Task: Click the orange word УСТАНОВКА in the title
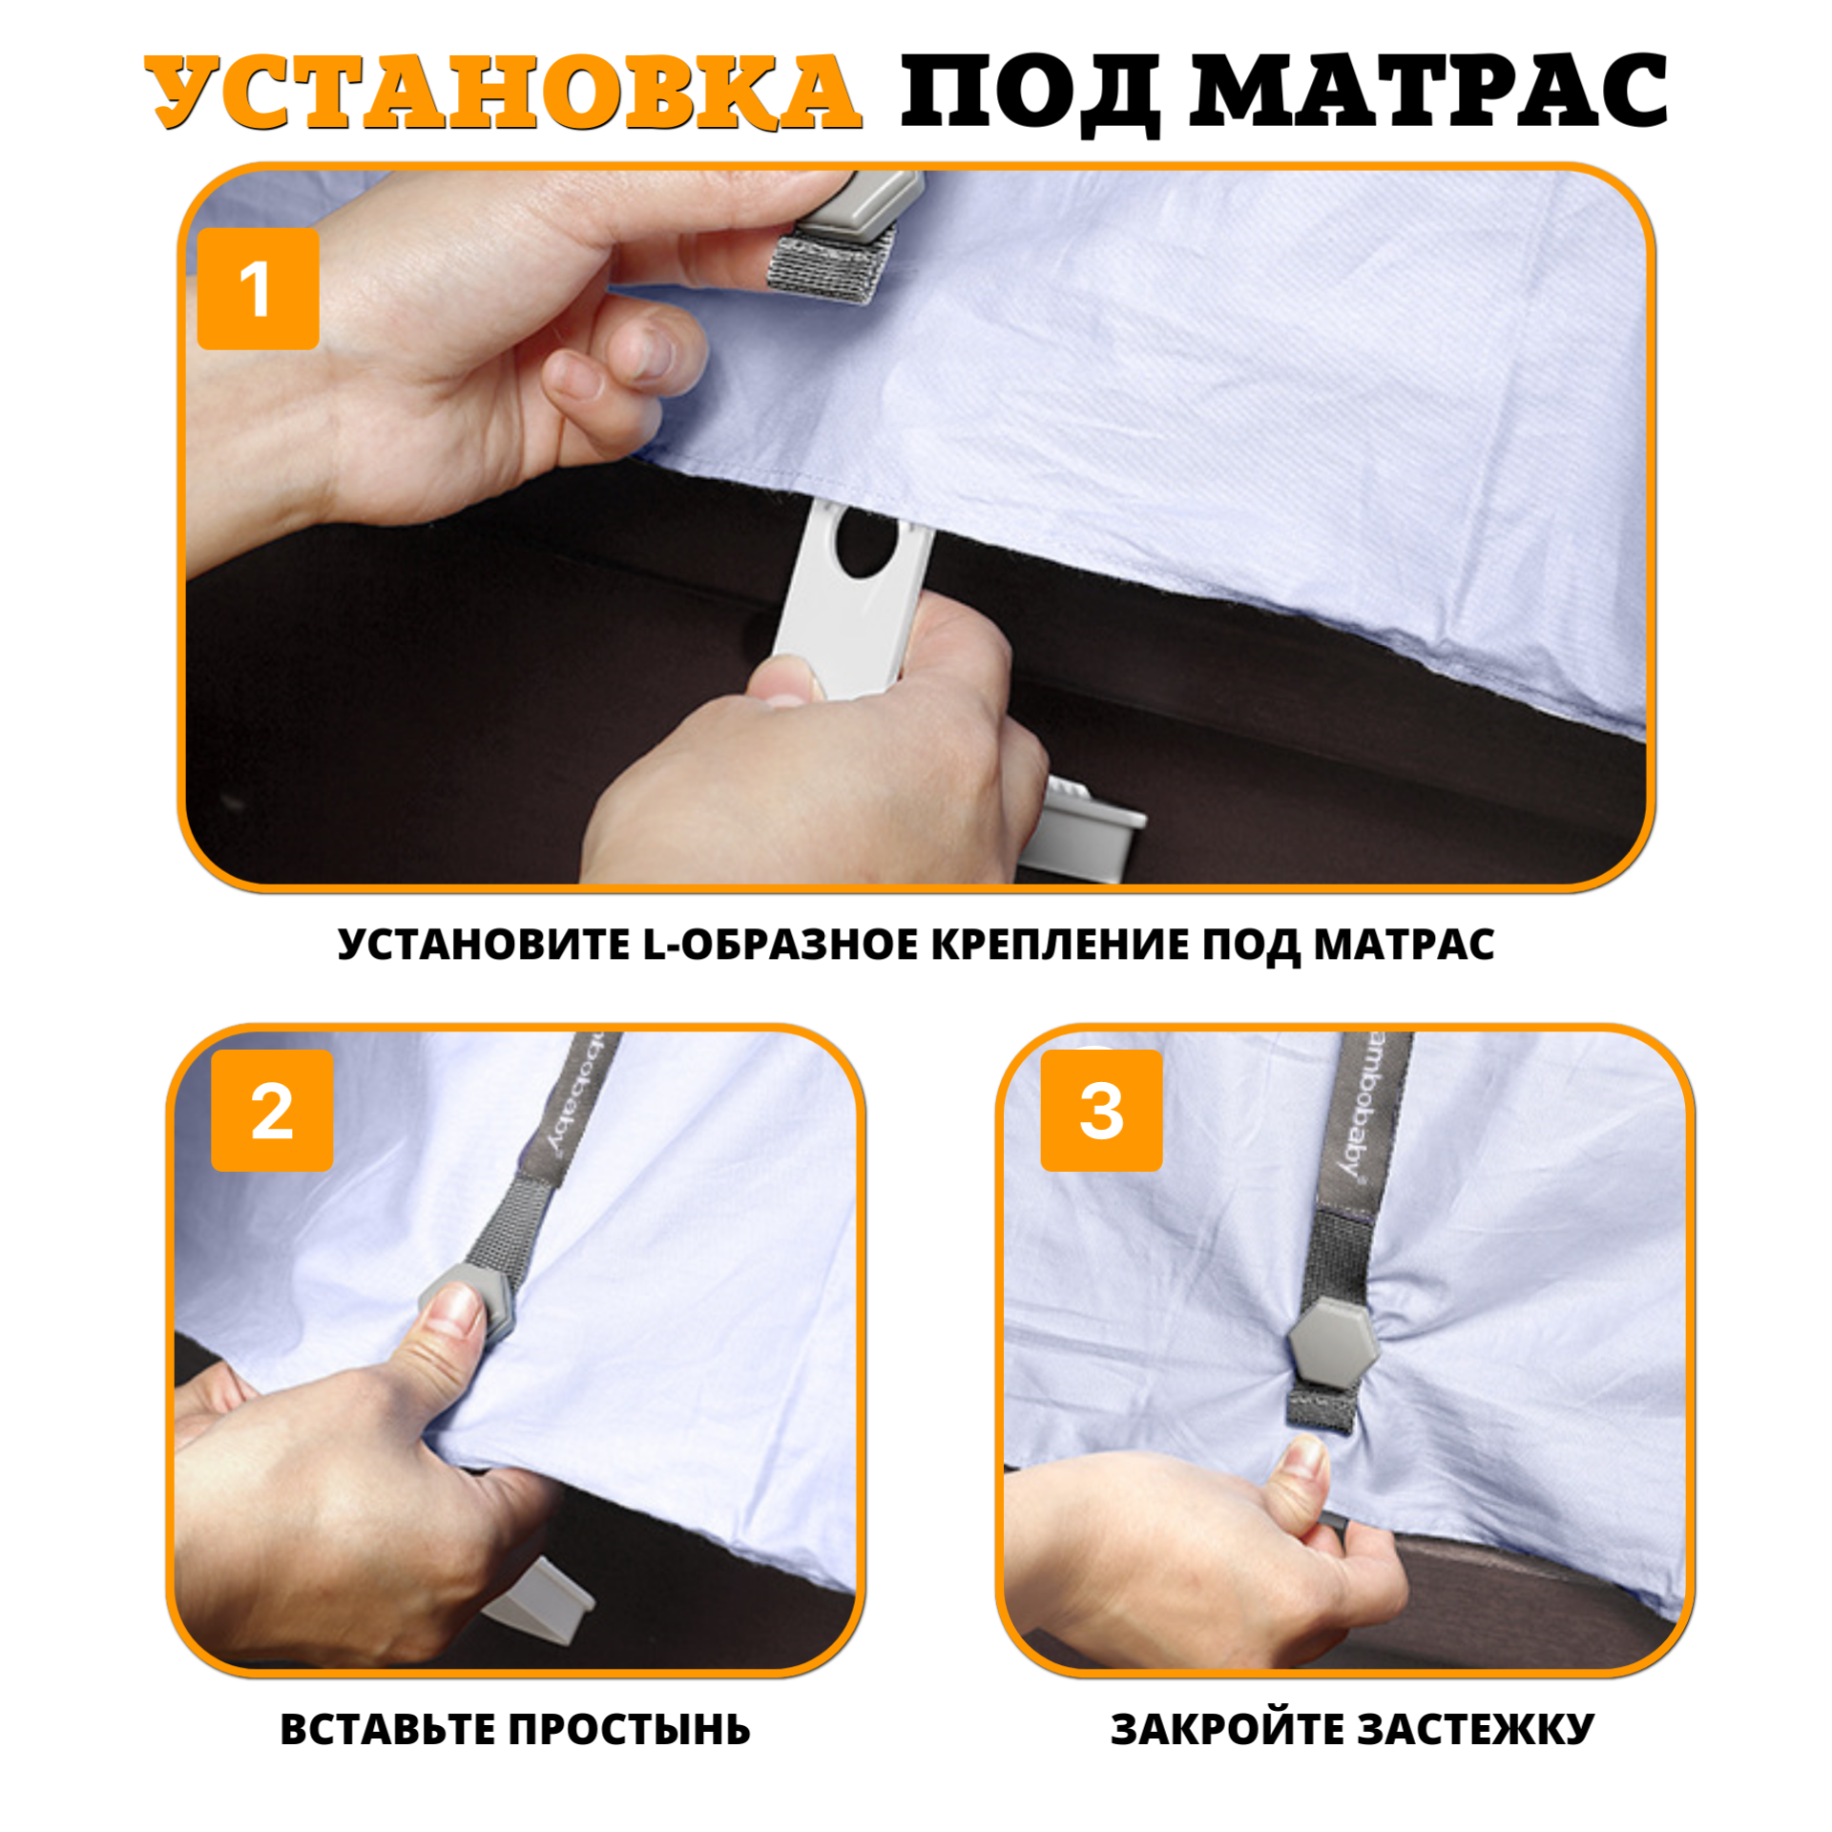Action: pyautogui.click(x=503, y=92)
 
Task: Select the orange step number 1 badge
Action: pyautogui.click(x=258, y=289)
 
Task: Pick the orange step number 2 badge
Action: pyautogui.click(x=272, y=1111)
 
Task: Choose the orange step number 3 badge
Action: pyautogui.click(x=1101, y=1111)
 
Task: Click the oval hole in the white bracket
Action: pyautogui.click(x=865, y=542)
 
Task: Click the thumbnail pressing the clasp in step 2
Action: pyautogui.click(x=458, y=1309)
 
